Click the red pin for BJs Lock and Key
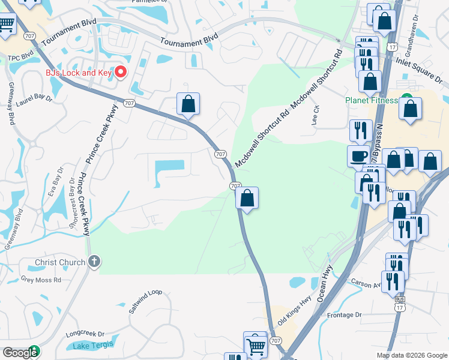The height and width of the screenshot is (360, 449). (x=120, y=72)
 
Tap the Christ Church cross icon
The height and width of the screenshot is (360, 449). (x=94, y=262)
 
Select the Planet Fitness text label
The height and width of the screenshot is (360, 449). (x=371, y=101)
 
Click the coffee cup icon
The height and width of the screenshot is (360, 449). (x=359, y=155)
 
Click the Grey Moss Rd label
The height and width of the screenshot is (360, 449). (x=41, y=279)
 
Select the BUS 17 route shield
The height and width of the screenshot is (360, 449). (x=399, y=305)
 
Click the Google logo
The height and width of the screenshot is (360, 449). (x=20, y=353)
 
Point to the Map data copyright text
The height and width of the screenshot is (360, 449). (x=411, y=355)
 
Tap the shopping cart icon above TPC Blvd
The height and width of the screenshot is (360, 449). (x=7, y=24)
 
